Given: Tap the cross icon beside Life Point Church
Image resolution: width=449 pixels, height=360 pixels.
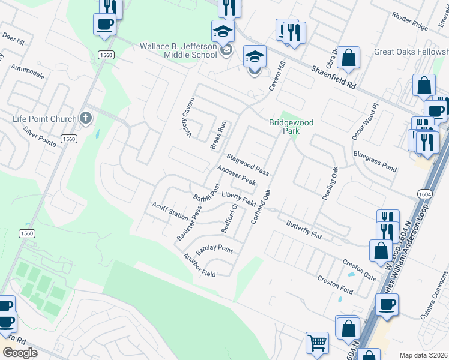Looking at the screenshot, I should click(86, 118).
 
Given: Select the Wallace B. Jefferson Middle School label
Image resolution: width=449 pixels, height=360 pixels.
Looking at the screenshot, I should click(178, 50).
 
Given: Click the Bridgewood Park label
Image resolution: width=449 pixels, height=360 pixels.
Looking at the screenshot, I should click(291, 127).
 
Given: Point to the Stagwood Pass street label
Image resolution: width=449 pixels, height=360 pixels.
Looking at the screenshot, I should click(247, 163).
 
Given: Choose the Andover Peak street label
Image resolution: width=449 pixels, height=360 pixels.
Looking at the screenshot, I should click(237, 175).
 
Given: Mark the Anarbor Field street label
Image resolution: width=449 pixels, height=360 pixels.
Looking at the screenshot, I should click(199, 265).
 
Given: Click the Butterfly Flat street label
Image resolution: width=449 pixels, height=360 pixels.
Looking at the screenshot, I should click(304, 230).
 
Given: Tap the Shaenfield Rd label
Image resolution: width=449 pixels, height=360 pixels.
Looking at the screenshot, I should click(334, 78).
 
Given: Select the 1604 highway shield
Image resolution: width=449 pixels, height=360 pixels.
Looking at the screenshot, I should click(424, 194).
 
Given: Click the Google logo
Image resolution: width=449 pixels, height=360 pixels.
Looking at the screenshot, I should click(20, 353).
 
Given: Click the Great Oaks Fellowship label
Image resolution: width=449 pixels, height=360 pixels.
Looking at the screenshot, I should click(411, 52).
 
